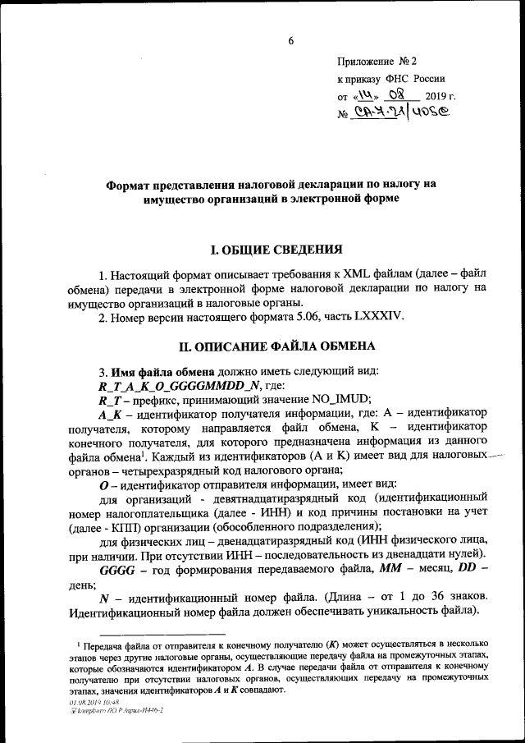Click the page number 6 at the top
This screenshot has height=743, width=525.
coord(290,40)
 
